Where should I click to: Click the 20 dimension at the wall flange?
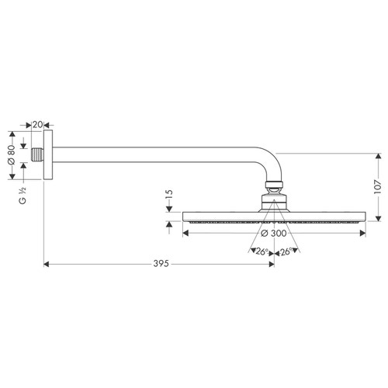coord(36,123)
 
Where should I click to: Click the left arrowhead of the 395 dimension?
coord(46,265)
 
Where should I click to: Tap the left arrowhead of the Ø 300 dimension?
coord(185,232)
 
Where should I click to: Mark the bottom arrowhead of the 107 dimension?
coord(378,217)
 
